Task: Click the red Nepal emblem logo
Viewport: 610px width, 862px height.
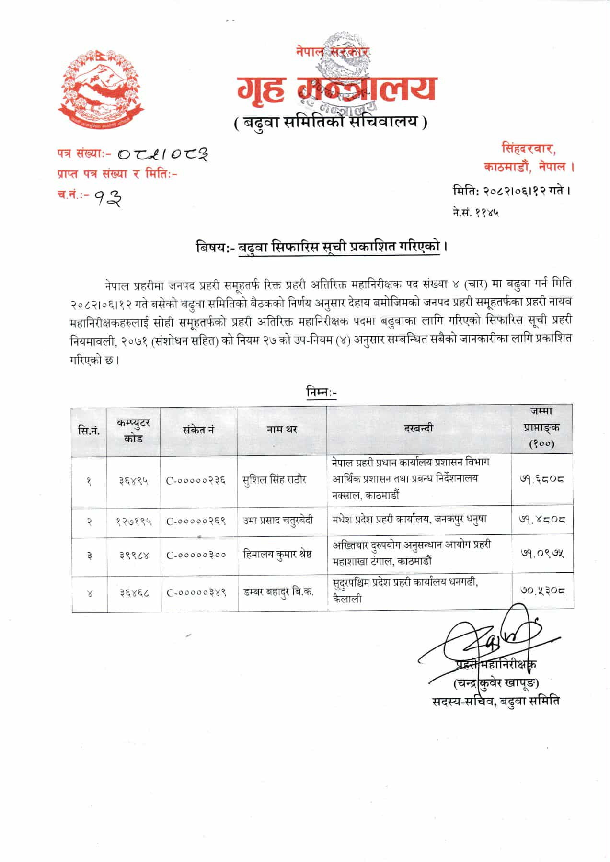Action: click(101, 87)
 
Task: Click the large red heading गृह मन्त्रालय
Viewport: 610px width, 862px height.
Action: click(335, 90)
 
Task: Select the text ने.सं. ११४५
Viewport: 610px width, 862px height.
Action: click(475, 212)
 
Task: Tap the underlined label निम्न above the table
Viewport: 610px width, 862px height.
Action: click(321, 392)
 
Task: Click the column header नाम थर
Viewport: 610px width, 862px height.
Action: click(282, 430)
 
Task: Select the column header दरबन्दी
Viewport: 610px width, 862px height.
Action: click(418, 429)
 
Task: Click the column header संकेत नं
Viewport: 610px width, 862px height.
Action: click(198, 430)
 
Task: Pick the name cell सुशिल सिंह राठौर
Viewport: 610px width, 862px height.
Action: click(274, 479)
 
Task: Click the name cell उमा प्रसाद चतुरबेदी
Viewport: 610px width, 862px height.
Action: click(278, 520)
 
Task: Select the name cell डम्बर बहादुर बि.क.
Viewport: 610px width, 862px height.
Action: click(278, 592)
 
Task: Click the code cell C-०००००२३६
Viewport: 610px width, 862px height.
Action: click(196, 480)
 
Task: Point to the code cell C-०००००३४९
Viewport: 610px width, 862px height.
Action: click(196, 592)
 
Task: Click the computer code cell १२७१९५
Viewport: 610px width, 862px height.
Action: click(134, 521)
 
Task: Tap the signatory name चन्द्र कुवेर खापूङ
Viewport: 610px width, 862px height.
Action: click(495, 682)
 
